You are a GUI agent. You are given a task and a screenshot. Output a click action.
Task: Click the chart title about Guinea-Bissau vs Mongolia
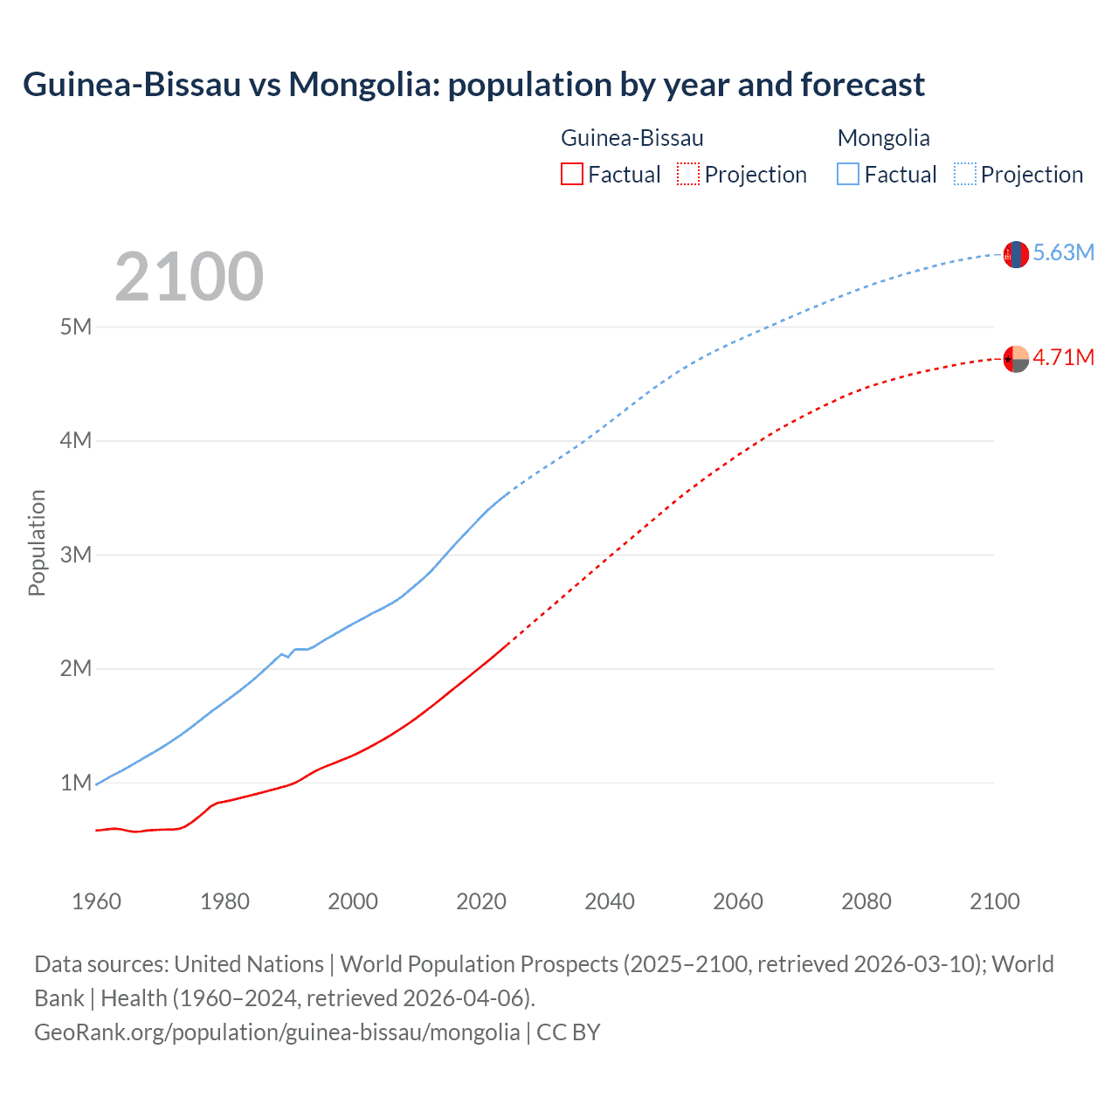pyautogui.click(x=473, y=85)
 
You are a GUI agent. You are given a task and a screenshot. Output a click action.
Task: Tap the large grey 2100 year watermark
pyautogui.click(x=189, y=277)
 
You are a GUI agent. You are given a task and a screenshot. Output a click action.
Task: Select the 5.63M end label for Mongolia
pyautogui.click(x=1063, y=252)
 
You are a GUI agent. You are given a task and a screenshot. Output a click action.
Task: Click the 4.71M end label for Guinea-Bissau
pyautogui.click(x=1063, y=357)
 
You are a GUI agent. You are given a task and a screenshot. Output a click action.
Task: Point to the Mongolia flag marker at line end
pyautogui.click(x=1016, y=254)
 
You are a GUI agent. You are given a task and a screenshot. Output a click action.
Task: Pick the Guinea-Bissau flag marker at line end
pyautogui.click(x=1016, y=358)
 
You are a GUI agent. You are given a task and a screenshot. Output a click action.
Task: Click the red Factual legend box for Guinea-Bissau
pyautogui.click(x=572, y=174)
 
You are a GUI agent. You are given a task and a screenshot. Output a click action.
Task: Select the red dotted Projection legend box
pyautogui.click(x=688, y=174)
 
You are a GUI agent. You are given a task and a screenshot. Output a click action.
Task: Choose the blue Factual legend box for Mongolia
pyautogui.click(x=848, y=174)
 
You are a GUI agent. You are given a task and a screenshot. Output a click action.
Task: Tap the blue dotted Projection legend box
pyautogui.click(x=964, y=174)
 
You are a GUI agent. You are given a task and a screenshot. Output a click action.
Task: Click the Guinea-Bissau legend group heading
pyautogui.click(x=631, y=138)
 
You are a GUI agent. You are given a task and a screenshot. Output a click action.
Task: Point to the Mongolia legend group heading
pyautogui.click(x=883, y=138)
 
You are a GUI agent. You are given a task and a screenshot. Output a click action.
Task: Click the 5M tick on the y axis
pyautogui.click(x=76, y=327)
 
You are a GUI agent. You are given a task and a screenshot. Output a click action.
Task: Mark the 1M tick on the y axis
pyautogui.click(x=76, y=783)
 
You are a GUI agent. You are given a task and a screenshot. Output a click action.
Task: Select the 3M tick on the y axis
pyautogui.click(x=76, y=555)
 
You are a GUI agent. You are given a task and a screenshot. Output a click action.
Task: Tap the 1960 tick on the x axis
pyautogui.click(x=96, y=901)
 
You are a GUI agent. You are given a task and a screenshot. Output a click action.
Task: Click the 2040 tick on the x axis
pyautogui.click(x=610, y=901)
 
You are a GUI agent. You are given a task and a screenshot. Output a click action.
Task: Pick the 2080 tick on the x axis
pyautogui.click(x=866, y=901)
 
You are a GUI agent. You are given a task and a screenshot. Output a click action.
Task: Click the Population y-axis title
pyautogui.click(x=37, y=542)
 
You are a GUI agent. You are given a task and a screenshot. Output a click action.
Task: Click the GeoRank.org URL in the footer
pyautogui.click(x=277, y=1032)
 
